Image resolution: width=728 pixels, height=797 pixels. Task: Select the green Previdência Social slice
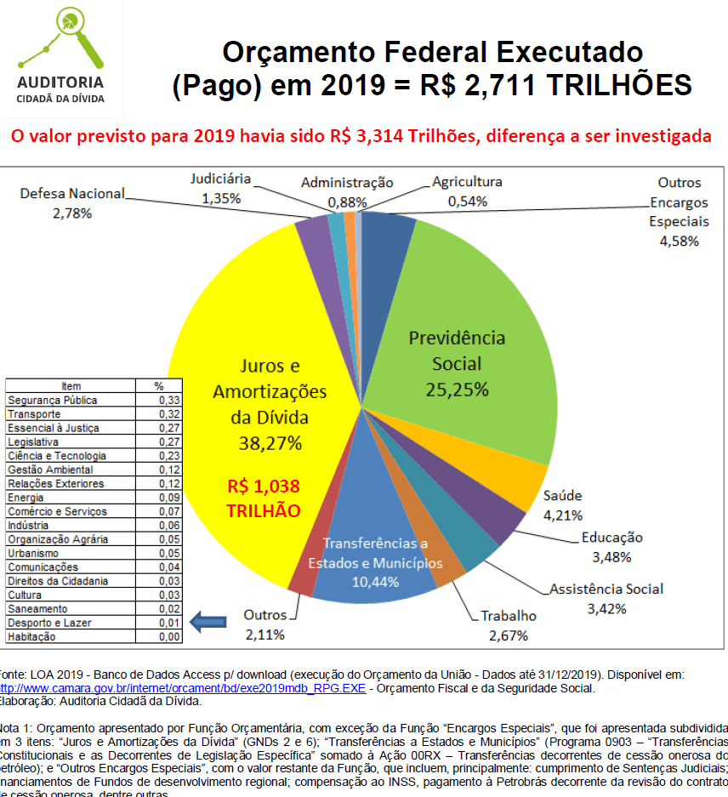[476, 340]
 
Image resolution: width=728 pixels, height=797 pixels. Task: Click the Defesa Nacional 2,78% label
[72, 202]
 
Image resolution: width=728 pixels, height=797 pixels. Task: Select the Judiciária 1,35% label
[220, 189]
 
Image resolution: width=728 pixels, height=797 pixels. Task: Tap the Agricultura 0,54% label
[467, 191]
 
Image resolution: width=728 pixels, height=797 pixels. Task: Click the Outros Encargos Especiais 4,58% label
[679, 212]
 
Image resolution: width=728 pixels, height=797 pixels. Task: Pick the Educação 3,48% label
[611, 547]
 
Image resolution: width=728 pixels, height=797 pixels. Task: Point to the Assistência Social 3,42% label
[606, 598]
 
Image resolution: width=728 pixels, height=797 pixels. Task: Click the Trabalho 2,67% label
[509, 625]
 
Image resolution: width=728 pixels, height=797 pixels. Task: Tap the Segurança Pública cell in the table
[53, 400]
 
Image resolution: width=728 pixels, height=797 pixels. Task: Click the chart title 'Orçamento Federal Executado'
[432, 53]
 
